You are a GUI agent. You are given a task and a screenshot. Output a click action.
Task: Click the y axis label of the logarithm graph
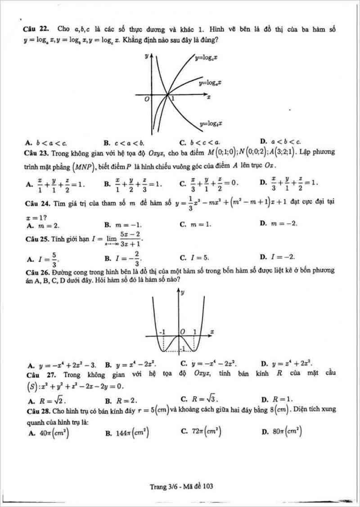[x=147, y=56]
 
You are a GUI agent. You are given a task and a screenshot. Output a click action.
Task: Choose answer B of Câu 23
[x=133, y=184]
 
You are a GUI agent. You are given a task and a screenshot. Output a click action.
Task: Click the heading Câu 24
[x=36, y=203]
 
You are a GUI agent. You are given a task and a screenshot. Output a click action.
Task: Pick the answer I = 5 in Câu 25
[x=194, y=258]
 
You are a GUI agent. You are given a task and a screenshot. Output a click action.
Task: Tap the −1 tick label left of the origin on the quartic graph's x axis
[x=162, y=332]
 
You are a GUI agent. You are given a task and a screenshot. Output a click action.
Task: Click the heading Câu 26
[x=36, y=271]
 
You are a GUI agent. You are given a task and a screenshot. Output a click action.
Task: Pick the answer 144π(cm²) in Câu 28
[x=127, y=433]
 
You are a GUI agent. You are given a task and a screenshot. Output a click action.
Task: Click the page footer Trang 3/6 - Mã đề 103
[x=182, y=486]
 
